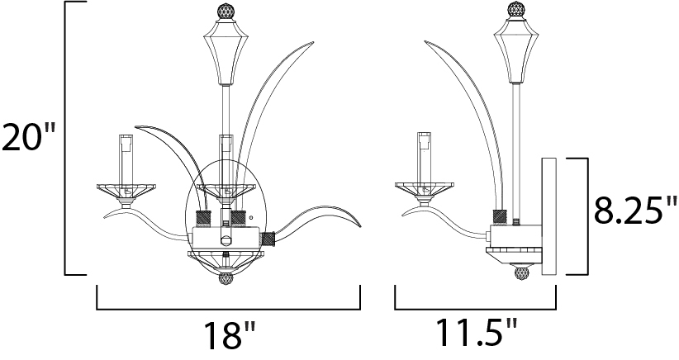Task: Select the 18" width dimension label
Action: pyautogui.click(x=229, y=335)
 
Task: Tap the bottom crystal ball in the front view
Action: pyautogui.click(x=226, y=278)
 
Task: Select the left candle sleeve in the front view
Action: pyautogui.click(x=126, y=159)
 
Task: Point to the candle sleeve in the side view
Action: pyautogui.click(x=425, y=157)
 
